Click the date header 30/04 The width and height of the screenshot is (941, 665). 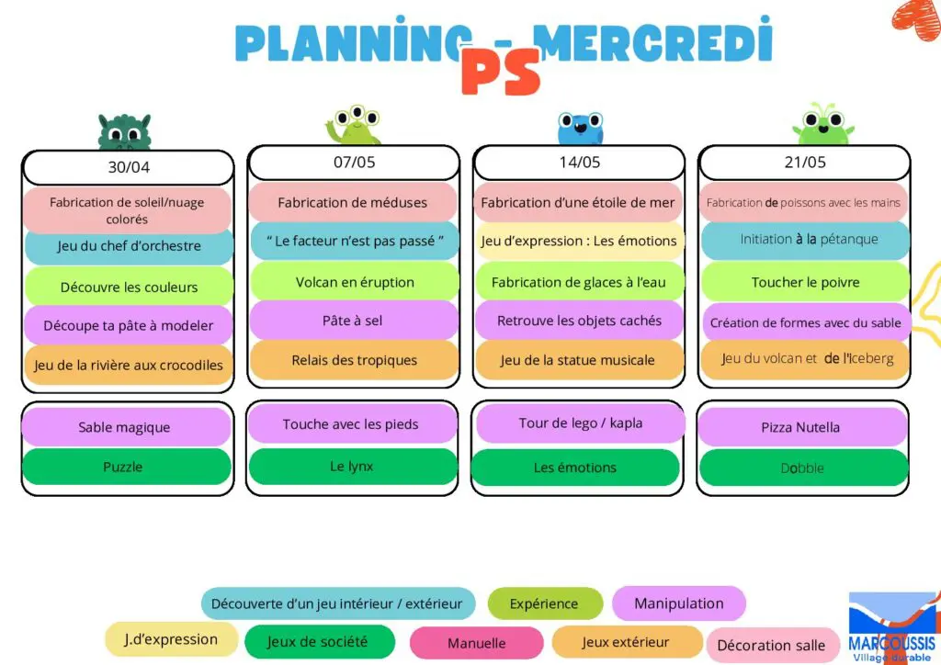coord(128,167)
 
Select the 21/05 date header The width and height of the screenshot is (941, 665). coord(805,163)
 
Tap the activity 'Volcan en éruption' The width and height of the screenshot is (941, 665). coord(355,282)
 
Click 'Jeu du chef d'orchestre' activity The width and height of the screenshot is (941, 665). coord(129,246)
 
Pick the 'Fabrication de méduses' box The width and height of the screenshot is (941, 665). coord(353,203)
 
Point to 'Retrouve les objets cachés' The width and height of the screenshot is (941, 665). coord(579,321)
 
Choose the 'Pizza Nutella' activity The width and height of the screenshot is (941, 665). coord(802,427)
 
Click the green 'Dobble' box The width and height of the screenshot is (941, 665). coord(803,468)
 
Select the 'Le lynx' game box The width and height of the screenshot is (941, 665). coord(352,467)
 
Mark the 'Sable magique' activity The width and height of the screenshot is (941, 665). coord(126,427)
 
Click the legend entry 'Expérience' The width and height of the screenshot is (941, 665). coord(544,603)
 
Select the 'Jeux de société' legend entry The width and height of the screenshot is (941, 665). coord(319,642)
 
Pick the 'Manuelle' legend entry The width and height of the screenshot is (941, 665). coord(477,643)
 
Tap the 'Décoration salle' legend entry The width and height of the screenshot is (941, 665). coord(772,645)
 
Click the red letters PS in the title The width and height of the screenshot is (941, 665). coord(501,71)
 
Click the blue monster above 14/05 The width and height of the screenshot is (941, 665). coord(580,129)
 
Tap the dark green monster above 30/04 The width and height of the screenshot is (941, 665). coord(125,132)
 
